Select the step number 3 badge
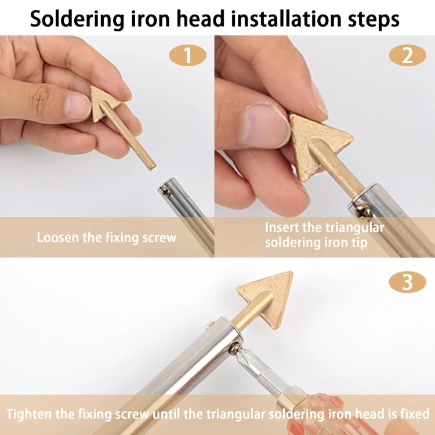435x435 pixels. (x=407, y=282)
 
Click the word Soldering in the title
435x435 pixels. (x=75, y=19)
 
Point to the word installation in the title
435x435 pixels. (x=274, y=19)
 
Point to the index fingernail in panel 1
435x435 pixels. (x=77, y=107)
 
